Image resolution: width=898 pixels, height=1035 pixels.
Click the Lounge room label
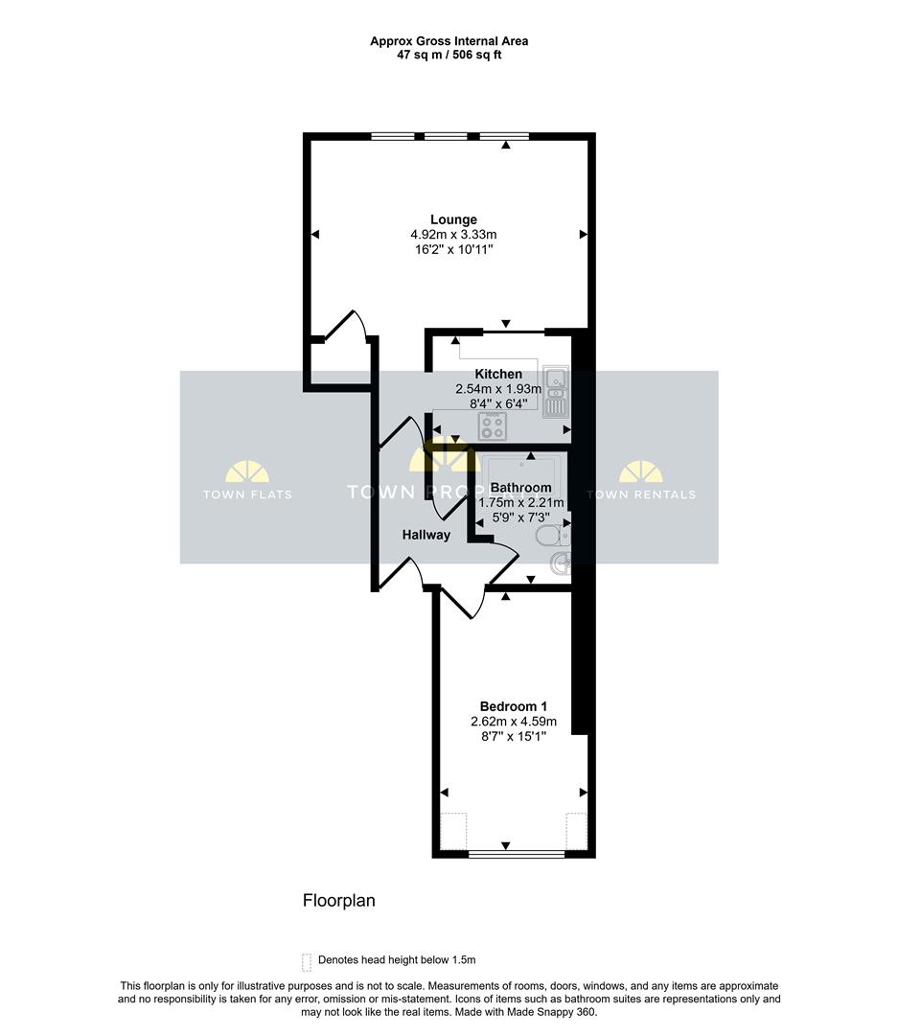tap(453, 219)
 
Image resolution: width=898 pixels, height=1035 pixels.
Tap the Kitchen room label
tap(498, 374)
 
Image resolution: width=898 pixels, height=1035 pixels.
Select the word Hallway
tap(426, 535)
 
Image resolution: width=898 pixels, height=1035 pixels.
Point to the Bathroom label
tap(520, 487)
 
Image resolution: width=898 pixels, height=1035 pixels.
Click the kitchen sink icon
tap(556, 393)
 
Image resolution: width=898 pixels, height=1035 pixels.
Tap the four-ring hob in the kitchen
tap(495, 424)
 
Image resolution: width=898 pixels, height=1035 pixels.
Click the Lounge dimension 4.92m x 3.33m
tap(453, 235)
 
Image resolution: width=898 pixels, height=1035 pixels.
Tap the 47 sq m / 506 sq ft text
tap(449, 55)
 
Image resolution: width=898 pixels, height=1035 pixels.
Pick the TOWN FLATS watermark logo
tap(247, 481)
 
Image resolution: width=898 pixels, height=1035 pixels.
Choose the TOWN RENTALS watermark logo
tap(641, 481)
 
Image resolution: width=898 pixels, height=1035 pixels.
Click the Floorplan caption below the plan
tap(338, 901)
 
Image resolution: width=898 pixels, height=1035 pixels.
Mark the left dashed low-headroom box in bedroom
tap(452, 830)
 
